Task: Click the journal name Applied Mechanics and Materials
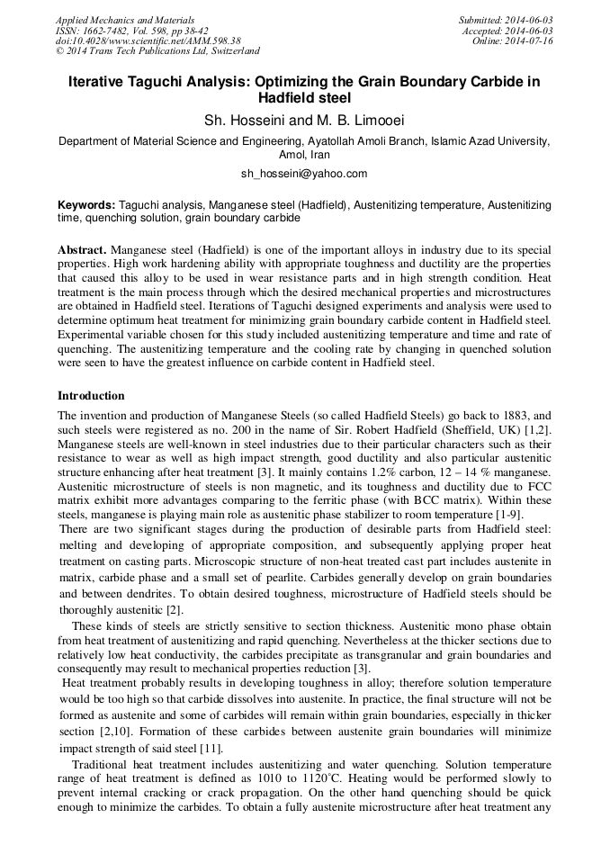click(x=125, y=20)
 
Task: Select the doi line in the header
click(x=148, y=41)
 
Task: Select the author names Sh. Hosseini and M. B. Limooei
click(x=304, y=120)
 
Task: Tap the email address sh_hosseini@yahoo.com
click(x=304, y=173)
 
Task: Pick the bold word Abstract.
click(x=82, y=249)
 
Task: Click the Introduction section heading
click(x=92, y=396)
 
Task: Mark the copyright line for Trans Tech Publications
click(x=158, y=52)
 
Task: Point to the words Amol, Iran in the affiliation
click(x=304, y=155)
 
